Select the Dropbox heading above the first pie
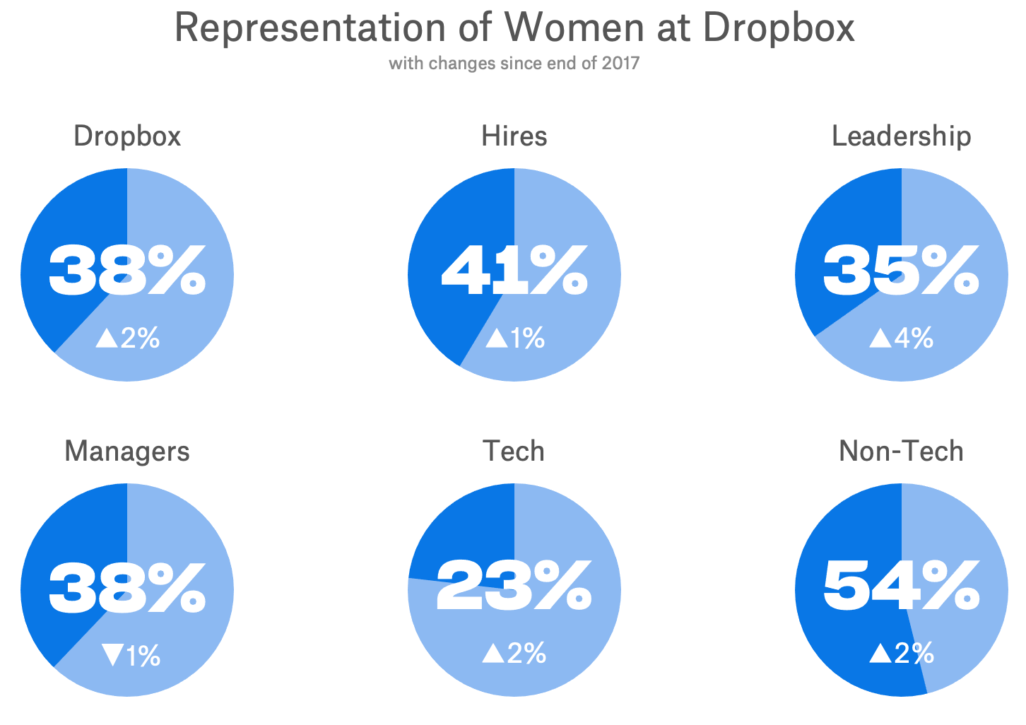(127, 136)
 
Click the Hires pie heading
(514, 136)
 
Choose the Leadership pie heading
(901, 136)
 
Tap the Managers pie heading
(127, 451)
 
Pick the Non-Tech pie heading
(901, 451)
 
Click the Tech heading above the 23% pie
(514, 451)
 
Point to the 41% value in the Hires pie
(514, 271)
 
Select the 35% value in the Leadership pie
(901, 271)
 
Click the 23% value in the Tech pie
(514, 586)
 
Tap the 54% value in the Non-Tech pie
(901, 586)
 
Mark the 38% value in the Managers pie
(127, 586)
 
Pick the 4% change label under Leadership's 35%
(913, 338)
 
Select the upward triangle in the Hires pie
(497, 338)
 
